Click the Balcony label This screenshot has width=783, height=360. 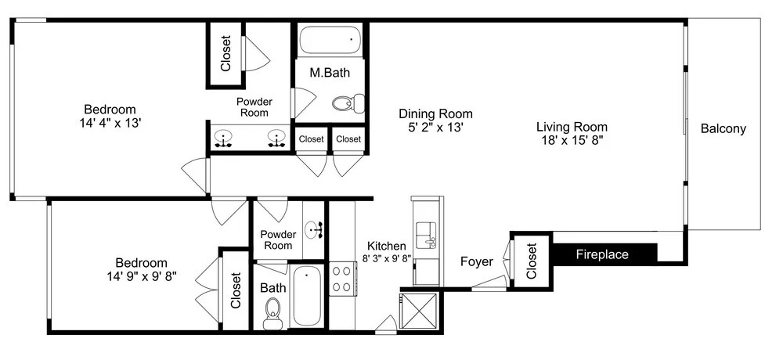click(723, 129)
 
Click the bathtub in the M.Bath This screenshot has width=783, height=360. click(330, 40)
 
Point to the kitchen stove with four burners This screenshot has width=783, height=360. click(342, 279)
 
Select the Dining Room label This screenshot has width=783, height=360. click(435, 113)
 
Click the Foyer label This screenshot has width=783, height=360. click(476, 261)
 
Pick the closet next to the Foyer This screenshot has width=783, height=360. click(531, 261)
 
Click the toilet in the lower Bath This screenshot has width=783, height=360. click(272, 313)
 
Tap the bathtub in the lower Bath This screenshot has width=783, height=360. click(307, 296)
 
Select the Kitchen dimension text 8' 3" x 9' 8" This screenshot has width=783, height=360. click(387, 258)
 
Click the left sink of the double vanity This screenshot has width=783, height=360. click(223, 139)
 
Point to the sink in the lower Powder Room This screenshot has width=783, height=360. click(314, 230)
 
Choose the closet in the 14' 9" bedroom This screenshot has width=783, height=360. click(235, 290)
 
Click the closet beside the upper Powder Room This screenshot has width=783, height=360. click(226, 54)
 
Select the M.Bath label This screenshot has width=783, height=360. click(330, 73)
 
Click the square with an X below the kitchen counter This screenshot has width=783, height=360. click(420, 310)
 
